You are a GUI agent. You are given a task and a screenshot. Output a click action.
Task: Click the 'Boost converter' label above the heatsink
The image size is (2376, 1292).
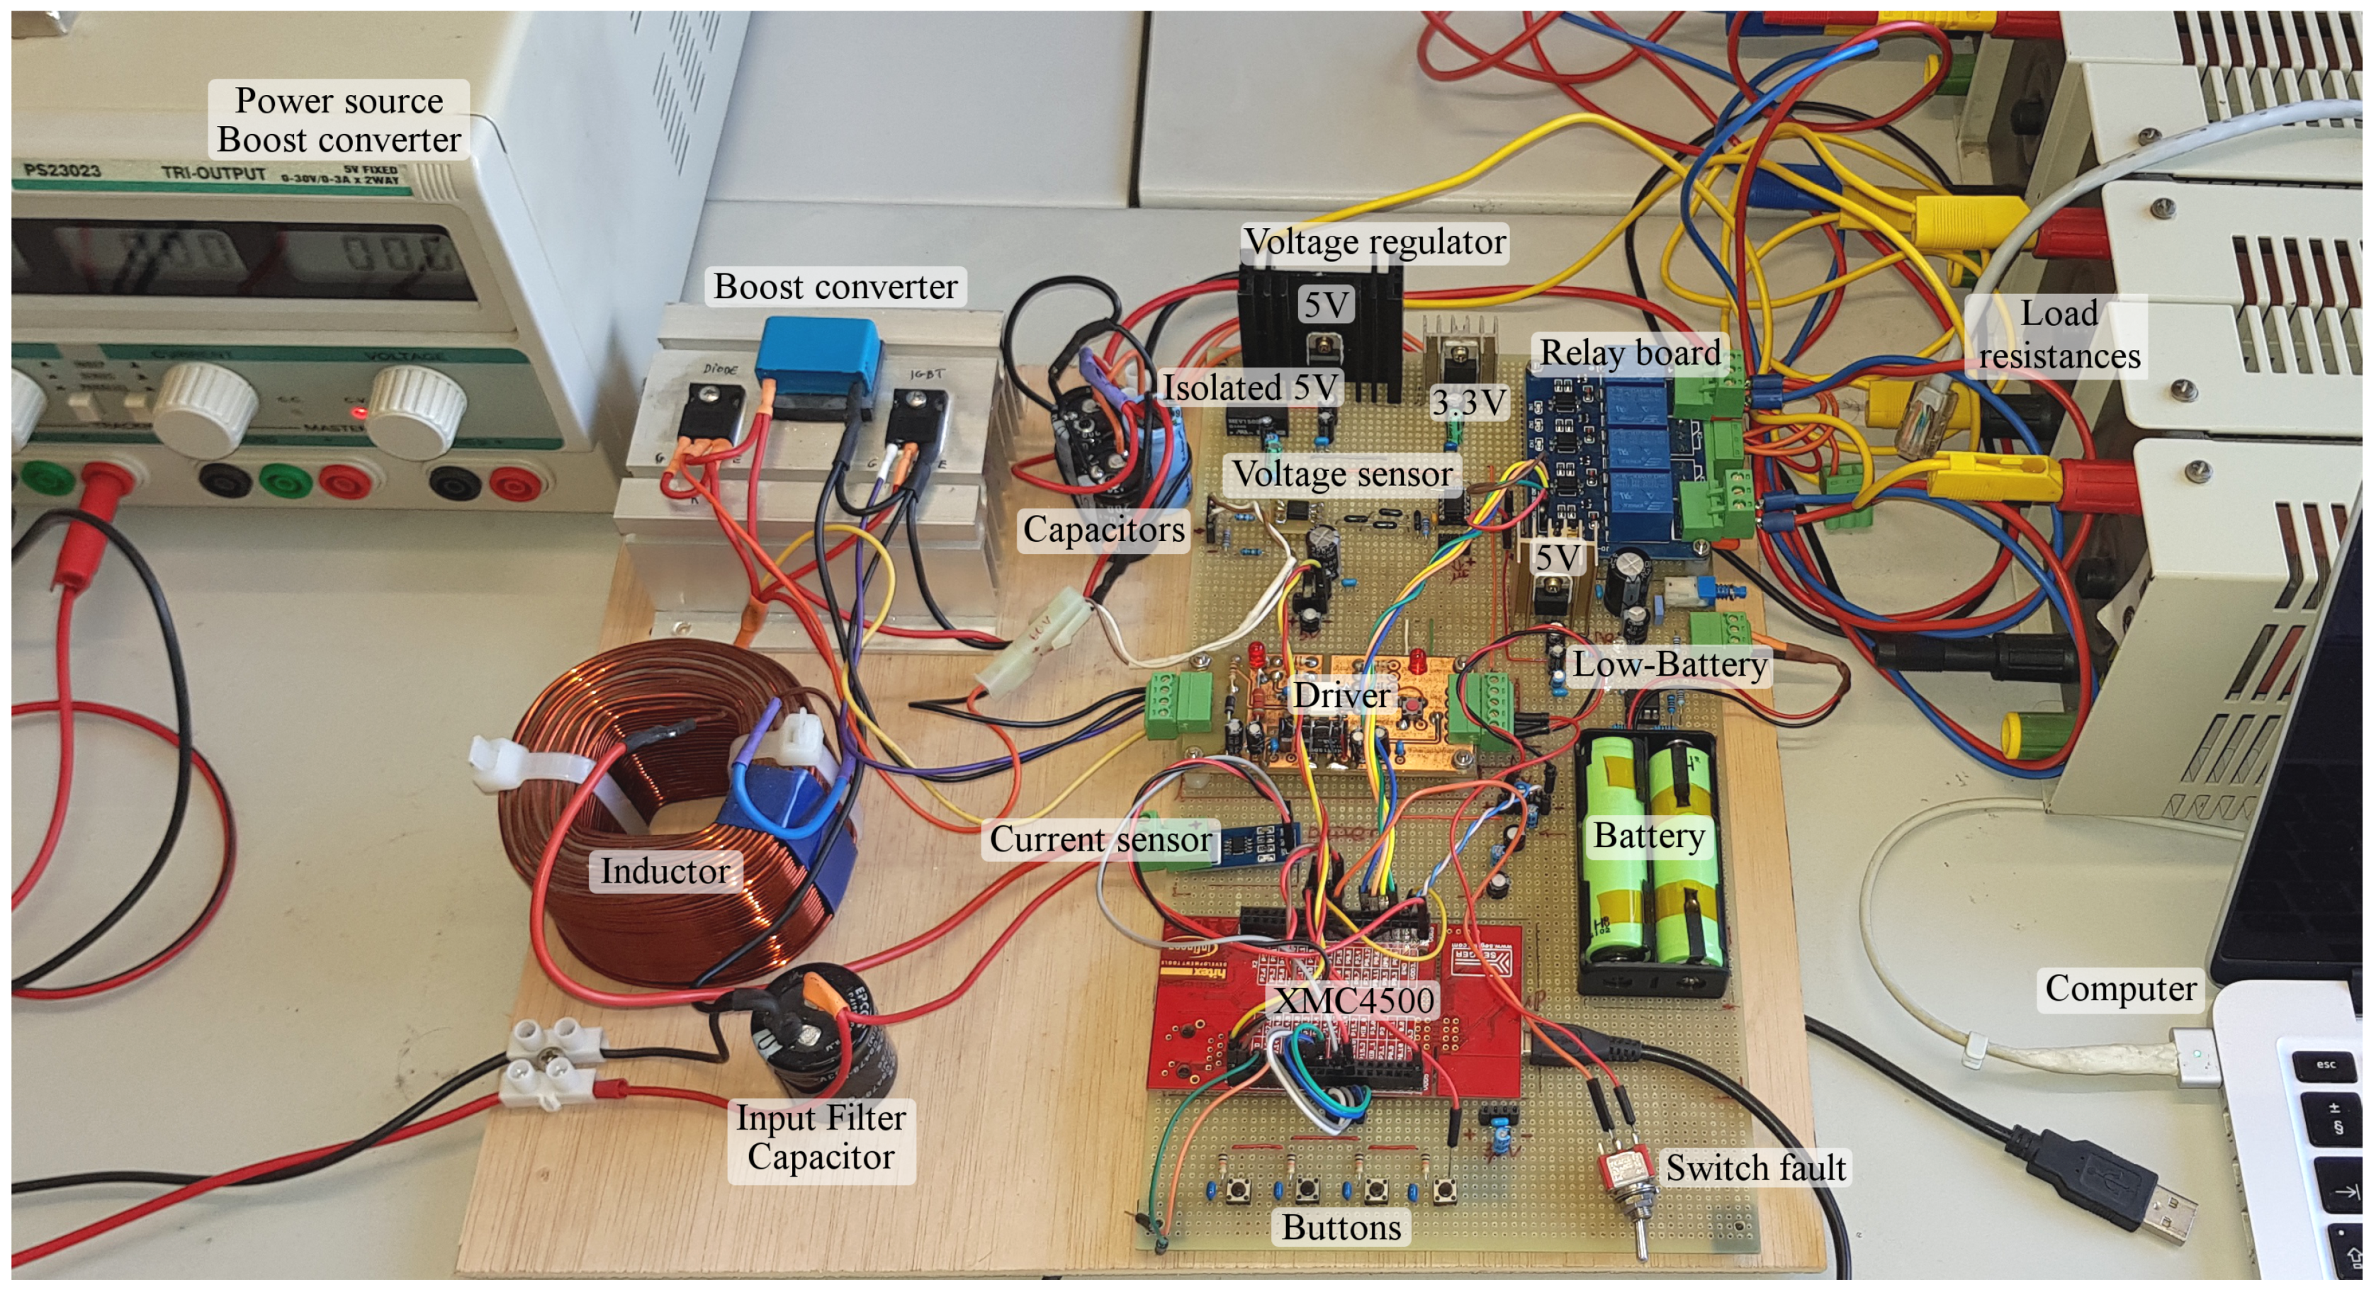(x=835, y=287)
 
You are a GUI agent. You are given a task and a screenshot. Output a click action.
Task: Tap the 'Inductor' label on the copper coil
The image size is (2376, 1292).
(x=665, y=871)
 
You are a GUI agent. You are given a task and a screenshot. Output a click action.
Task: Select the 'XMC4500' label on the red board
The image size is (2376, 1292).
(x=1354, y=999)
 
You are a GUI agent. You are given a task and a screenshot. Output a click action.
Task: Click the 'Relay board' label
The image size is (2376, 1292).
(x=1630, y=352)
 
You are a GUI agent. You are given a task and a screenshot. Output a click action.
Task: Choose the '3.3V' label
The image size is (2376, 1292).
(x=1468, y=402)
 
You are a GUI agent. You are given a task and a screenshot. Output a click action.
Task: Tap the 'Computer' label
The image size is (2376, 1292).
(x=2119, y=989)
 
